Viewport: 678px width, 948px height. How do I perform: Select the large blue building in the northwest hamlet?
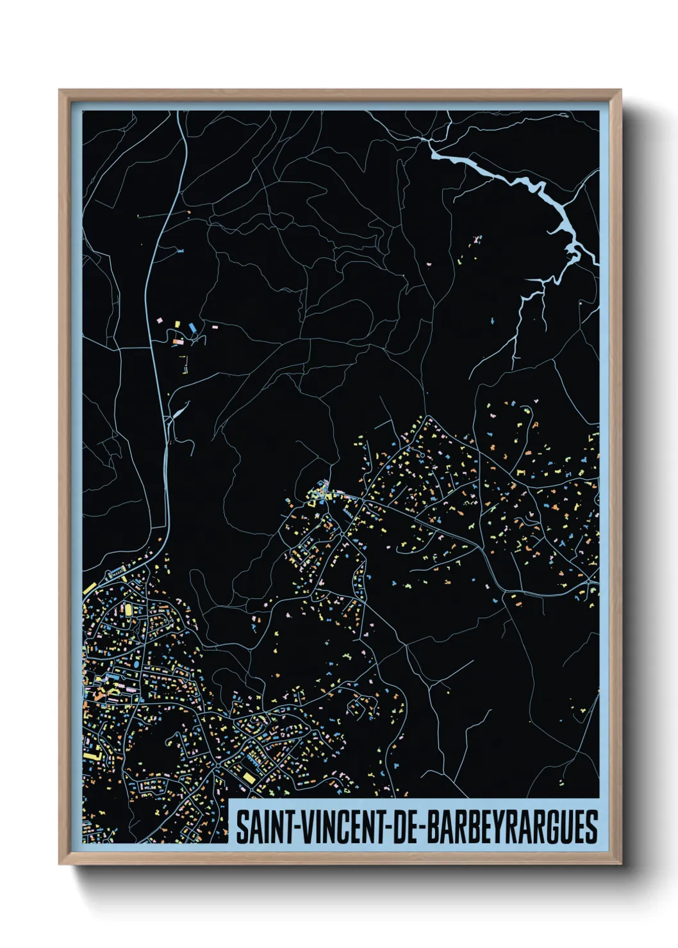(192, 327)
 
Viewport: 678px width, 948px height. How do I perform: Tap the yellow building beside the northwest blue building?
(179, 325)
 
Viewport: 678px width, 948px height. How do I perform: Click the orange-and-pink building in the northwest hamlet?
(178, 343)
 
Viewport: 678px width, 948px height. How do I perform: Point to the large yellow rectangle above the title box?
(247, 777)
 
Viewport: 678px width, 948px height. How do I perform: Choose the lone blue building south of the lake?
(492, 320)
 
